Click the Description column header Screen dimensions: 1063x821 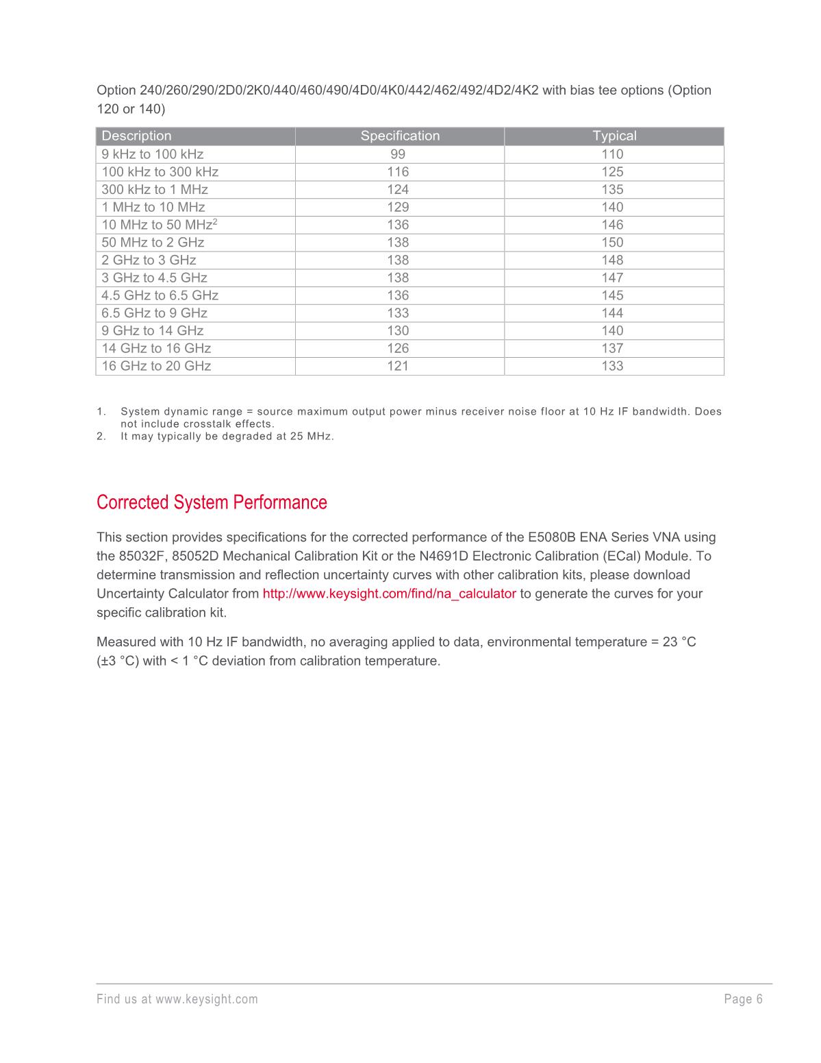136,136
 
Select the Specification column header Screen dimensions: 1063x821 400,136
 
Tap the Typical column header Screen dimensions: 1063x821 614,136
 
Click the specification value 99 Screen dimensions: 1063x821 398,154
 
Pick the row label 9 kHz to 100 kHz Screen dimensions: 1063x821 153,154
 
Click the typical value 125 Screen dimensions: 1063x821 612,172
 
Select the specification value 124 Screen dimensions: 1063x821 398,190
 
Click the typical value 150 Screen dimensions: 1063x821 612,243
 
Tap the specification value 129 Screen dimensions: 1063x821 398,207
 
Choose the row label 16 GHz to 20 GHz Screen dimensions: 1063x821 156,366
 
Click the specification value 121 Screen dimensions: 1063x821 398,366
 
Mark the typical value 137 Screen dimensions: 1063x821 612,348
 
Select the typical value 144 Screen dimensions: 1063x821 612,313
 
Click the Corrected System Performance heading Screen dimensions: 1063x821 212,502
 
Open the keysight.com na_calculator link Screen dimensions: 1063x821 389,594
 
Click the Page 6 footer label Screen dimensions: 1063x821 743,999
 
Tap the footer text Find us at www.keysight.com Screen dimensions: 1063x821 177,999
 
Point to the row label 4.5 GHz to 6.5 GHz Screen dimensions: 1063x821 160,295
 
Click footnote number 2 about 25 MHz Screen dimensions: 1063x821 101,436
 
